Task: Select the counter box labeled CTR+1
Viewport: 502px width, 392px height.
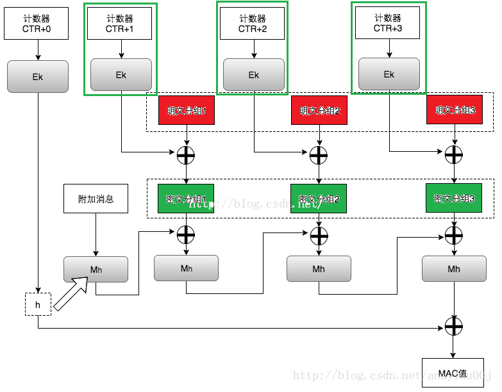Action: tap(120, 23)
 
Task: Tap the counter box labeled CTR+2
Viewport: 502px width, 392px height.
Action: tap(253, 23)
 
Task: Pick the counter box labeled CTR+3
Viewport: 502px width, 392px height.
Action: tap(387, 23)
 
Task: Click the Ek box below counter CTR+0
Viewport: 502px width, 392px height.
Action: tap(37, 76)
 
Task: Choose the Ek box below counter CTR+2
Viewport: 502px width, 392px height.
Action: tap(253, 75)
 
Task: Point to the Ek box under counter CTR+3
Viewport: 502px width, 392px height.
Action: tap(389, 74)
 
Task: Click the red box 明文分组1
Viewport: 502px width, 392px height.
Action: tap(187, 110)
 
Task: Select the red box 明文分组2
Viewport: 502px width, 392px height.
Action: tap(319, 110)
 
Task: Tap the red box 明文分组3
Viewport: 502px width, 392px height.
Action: tap(455, 110)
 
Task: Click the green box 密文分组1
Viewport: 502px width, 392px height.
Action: tap(186, 199)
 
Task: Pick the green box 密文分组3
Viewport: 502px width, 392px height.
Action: tap(454, 199)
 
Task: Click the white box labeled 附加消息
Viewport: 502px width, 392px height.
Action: tap(96, 199)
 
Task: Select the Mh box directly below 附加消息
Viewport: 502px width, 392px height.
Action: tap(96, 270)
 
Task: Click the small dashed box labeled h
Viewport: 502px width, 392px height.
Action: tap(38, 306)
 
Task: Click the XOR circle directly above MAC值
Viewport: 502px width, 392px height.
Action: tap(454, 327)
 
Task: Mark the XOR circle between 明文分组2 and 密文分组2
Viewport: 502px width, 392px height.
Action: tap(319, 154)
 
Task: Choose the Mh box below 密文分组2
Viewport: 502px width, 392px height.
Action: tap(319, 269)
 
